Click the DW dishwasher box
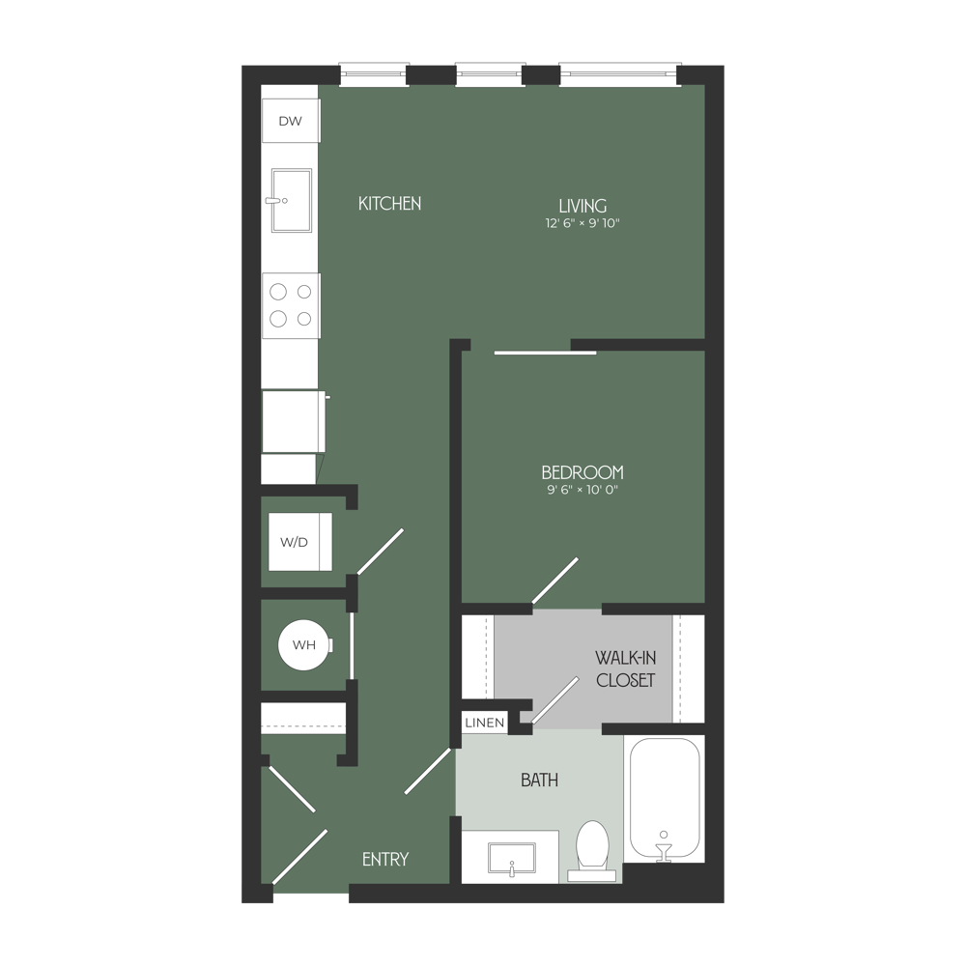tap(290, 121)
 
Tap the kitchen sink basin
tap(291, 201)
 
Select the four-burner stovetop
tap(291, 304)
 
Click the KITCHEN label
tap(389, 204)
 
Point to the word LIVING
tap(582, 206)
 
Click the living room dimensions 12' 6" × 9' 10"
tap(582, 224)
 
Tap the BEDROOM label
tap(582, 472)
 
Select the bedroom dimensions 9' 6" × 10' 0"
tap(582, 490)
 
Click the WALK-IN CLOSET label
tap(625, 668)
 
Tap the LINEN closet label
tap(482, 723)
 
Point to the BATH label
tap(539, 781)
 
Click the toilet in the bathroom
tap(590, 847)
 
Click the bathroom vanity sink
tap(511, 856)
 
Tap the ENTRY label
tap(385, 859)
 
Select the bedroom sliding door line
tap(546, 354)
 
